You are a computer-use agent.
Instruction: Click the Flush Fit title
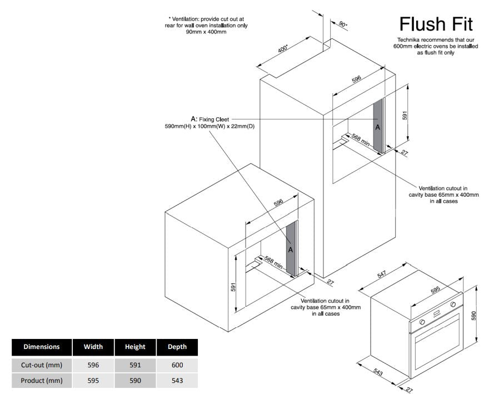(x=436, y=24)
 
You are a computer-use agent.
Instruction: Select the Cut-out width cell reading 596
(x=93, y=365)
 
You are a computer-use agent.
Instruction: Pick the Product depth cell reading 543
(x=177, y=381)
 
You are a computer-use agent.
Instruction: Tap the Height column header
(x=135, y=347)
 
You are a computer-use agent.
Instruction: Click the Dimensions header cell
(x=42, y=347)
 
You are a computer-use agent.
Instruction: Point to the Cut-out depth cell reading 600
(x=177, y=365)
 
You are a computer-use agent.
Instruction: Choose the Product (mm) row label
(x=42, y=381)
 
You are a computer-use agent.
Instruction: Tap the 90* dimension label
(x=342, y=24)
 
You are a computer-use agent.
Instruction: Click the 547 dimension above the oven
(x=382, y=276)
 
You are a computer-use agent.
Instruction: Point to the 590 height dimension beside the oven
(x=474, y=315)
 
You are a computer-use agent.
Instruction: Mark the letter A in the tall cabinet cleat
(x=378, y=127)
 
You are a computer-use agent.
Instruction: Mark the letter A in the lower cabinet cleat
(x=290, y=250)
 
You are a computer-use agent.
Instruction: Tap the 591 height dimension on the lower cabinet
(x=234, y=287)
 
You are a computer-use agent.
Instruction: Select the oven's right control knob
(x=453, y=305)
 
